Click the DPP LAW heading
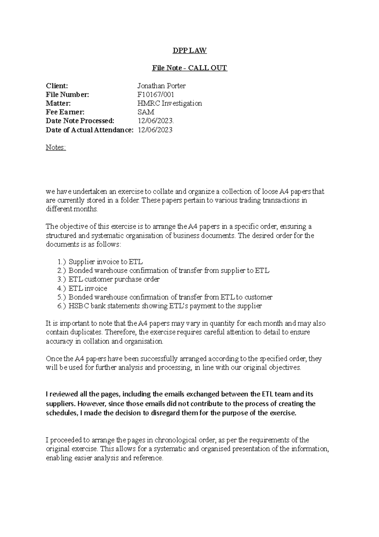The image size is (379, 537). click(x=189, y=50)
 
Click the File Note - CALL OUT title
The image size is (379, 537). click(x=189, y=68)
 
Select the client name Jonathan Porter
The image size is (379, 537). click(x=161, y=86)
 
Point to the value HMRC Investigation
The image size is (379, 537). click(x=169, y=103)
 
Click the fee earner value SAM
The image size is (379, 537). click(x=146, y=112)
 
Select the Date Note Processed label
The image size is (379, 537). click(x=80, y=121)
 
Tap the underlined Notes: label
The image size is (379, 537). click(x=56, y=148)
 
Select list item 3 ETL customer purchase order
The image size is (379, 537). click(x=114, y=280)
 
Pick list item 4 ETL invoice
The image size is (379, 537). click(x=88, y=288)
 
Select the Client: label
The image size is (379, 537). click(x=57, y=86)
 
